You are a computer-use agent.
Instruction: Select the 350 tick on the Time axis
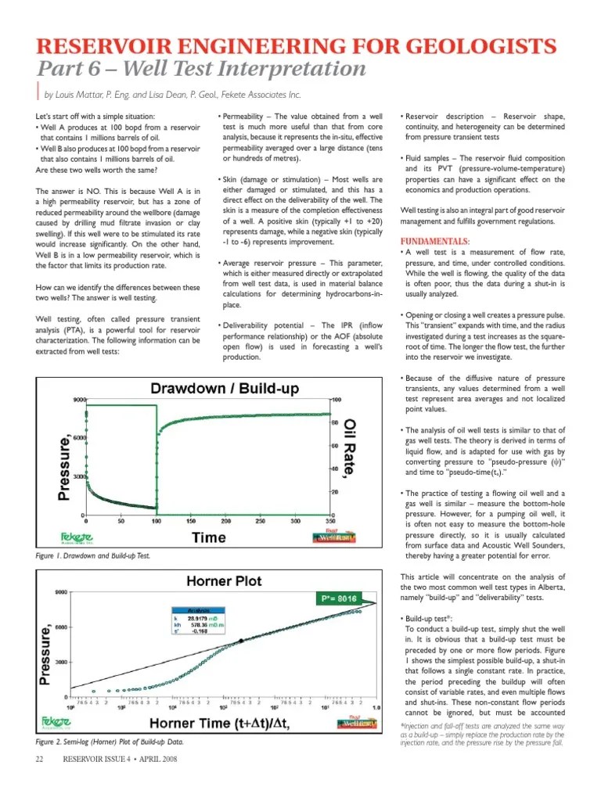pos(329,520)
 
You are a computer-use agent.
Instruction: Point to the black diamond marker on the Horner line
pos(241,641)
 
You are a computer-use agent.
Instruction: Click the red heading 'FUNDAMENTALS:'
pos(435,241)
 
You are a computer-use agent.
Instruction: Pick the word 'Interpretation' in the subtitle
pos(292,69)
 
